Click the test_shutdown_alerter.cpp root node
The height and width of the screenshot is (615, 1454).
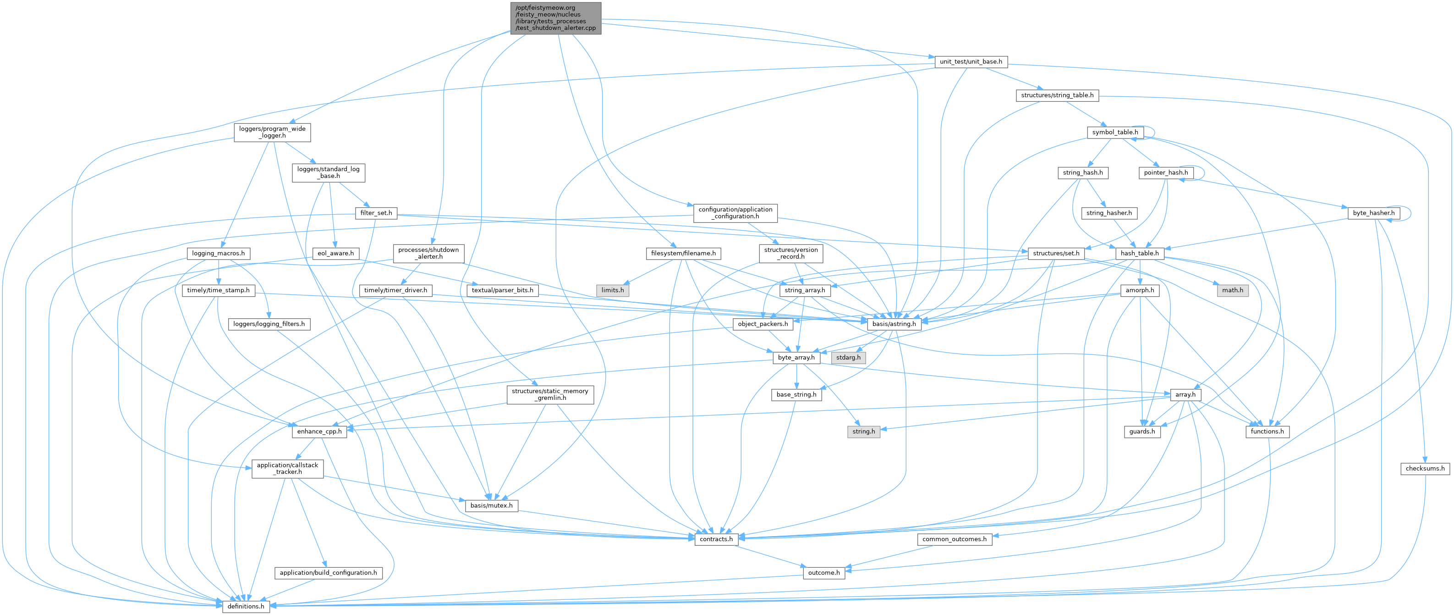click(555, 18)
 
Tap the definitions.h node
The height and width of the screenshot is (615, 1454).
click(246, 606)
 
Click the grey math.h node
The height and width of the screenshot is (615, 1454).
click(1232, 290)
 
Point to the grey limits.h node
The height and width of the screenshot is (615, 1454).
click(612, 290)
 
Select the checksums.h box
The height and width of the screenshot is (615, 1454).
click(1425, 468)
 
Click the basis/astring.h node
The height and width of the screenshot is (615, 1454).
click(894, 324)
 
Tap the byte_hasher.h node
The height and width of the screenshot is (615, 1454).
click(1373, 213)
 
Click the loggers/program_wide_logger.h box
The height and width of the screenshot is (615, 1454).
click(272, 132)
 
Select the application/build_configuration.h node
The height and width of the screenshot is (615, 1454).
click(329, 573)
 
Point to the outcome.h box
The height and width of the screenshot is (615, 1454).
click(824, 573)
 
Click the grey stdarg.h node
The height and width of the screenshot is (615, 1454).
click(848, 357)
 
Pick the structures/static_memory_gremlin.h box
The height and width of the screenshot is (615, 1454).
click(550, 394)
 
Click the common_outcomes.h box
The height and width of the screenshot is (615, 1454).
click(954, 539)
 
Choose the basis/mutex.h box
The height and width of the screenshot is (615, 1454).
click(491, 505)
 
